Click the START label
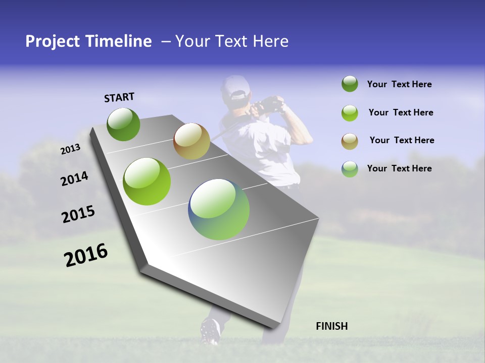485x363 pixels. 119,97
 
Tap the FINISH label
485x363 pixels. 332,326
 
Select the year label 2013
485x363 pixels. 70,149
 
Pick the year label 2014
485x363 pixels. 74,179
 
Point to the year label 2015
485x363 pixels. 78,214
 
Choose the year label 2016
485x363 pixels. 86,255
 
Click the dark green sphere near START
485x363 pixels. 123,125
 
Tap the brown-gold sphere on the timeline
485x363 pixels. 191,141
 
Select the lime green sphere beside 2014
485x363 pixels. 147,181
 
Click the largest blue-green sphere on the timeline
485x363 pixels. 219,209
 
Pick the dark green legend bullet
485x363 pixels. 350,84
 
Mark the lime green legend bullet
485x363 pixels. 350,112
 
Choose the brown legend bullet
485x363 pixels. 350,141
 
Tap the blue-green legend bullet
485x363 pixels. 350,169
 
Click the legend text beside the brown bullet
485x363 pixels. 402,140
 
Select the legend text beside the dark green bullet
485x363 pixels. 399,84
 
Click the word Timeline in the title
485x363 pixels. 119,41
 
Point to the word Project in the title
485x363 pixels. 53,41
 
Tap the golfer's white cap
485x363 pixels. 234,89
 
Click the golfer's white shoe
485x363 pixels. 210,331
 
